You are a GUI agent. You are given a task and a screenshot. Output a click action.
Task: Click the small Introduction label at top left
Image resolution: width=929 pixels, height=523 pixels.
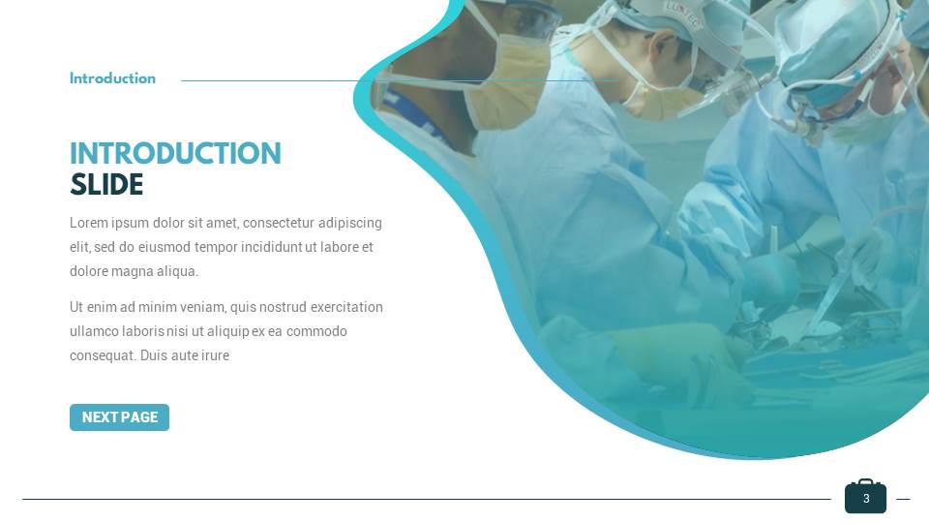(x=112, y=79)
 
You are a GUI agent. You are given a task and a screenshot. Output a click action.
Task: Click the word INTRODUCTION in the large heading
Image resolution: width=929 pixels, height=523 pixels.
(x=175, y=154)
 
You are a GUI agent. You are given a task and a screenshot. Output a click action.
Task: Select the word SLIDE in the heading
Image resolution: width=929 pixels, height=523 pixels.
(x=106, y=185)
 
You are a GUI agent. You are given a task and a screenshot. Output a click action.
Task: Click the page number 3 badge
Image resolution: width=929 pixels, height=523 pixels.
(x=865, y=498)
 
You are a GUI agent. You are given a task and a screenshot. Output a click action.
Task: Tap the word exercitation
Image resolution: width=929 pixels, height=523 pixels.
(x=346, y=307)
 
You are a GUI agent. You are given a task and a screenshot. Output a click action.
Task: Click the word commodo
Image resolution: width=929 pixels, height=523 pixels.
(x=316, y=331)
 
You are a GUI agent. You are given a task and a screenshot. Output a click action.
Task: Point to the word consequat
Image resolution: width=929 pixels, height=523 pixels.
(x=102, y=355)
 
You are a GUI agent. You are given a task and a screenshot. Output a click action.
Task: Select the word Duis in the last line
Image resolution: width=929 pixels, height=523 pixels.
(x=155, y=355)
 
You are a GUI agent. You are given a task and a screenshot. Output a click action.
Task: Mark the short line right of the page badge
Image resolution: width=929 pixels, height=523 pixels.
(x=903, y=499)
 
